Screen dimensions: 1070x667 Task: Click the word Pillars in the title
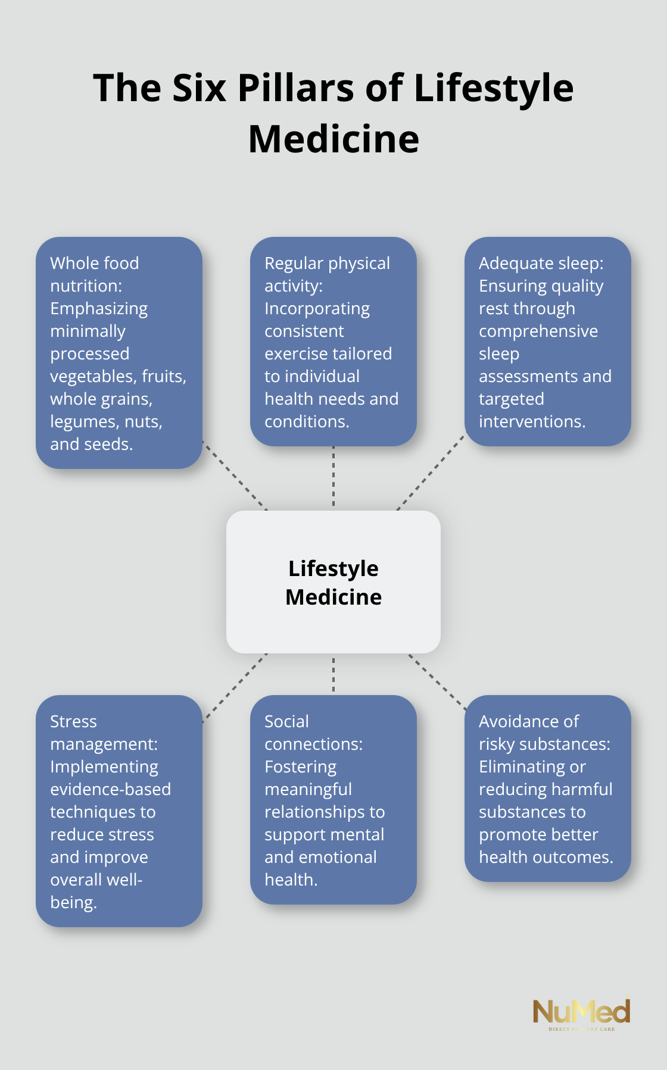pyautogui.click(x=296, y=88)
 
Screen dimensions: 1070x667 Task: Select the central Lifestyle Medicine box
pyautogui.click(x=333, y=582)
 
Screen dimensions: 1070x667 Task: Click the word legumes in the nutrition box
pyautogui.click(x=76, y=422)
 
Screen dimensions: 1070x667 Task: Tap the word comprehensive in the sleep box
pyautogui.click(x=538, y=331)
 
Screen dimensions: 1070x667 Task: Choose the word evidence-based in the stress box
pyautogui.click(x=110, y=789)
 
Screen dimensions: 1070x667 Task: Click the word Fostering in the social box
pyautogui.click(x=300, y=766)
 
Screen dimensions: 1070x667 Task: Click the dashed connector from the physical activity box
pyautogui.click(x=333, y=477)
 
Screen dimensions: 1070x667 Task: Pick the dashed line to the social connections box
pyautogui.click(x=333, y=674)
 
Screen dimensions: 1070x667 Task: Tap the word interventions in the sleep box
pyautogui.click(x=531, y=422)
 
